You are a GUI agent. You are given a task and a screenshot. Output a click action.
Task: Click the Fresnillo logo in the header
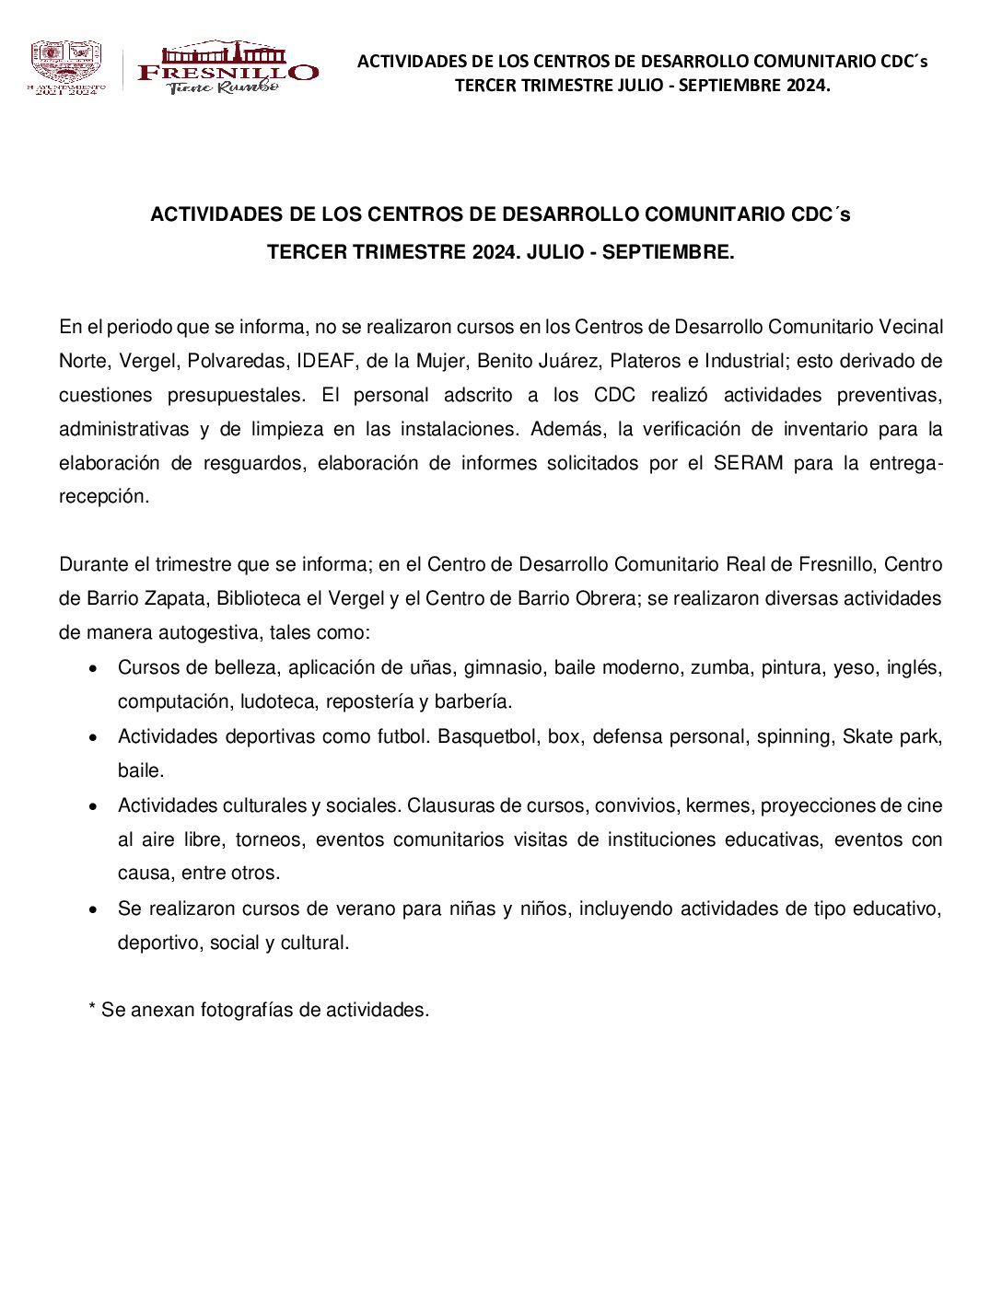[x=227, y=67]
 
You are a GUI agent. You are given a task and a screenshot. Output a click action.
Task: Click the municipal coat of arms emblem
[x=65, y=66]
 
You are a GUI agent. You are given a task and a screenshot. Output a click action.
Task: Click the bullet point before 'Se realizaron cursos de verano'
[x=94, y=909]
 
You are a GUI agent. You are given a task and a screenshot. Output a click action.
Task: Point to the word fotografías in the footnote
[x=247, y=1010]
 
